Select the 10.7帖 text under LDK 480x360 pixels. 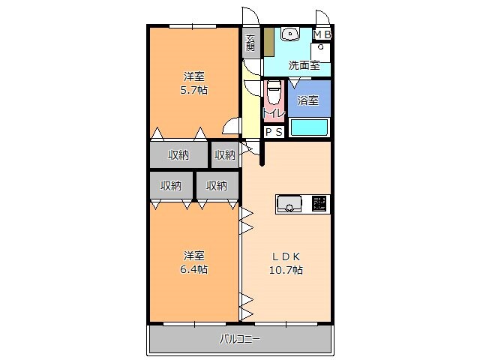(x=286, y=269)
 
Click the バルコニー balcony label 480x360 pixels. (x=240, y=340)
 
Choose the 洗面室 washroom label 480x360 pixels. (x=304, y=65)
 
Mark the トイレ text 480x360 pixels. (x=273, y=113)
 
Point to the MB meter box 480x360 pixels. (x=322, y=34)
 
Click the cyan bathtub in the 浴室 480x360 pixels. (x=308, y=127)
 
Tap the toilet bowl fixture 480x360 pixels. (x=273, y=95)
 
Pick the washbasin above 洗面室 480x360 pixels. (x=289, y=34)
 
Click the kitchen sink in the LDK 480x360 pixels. (x=289, y=203)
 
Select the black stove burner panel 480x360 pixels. (x=319, y=203)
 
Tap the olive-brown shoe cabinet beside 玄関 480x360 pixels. (x=268, y=43)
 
